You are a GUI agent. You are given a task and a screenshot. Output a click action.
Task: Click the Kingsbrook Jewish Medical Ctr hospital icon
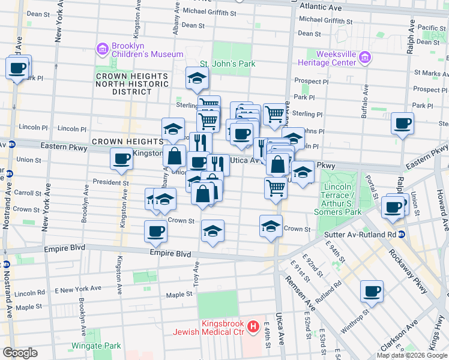254,327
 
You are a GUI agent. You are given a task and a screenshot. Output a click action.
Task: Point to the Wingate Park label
96,346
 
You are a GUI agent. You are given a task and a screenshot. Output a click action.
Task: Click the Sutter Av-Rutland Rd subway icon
402,234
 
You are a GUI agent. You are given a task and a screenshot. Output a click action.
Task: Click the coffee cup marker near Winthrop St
372,292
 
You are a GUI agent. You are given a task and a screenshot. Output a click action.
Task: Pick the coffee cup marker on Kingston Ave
121,159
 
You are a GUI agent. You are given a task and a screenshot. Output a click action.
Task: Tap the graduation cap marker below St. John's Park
196,77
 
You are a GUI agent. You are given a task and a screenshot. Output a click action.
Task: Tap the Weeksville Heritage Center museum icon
366,58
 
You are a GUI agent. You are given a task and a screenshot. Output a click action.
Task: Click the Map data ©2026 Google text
411,355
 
